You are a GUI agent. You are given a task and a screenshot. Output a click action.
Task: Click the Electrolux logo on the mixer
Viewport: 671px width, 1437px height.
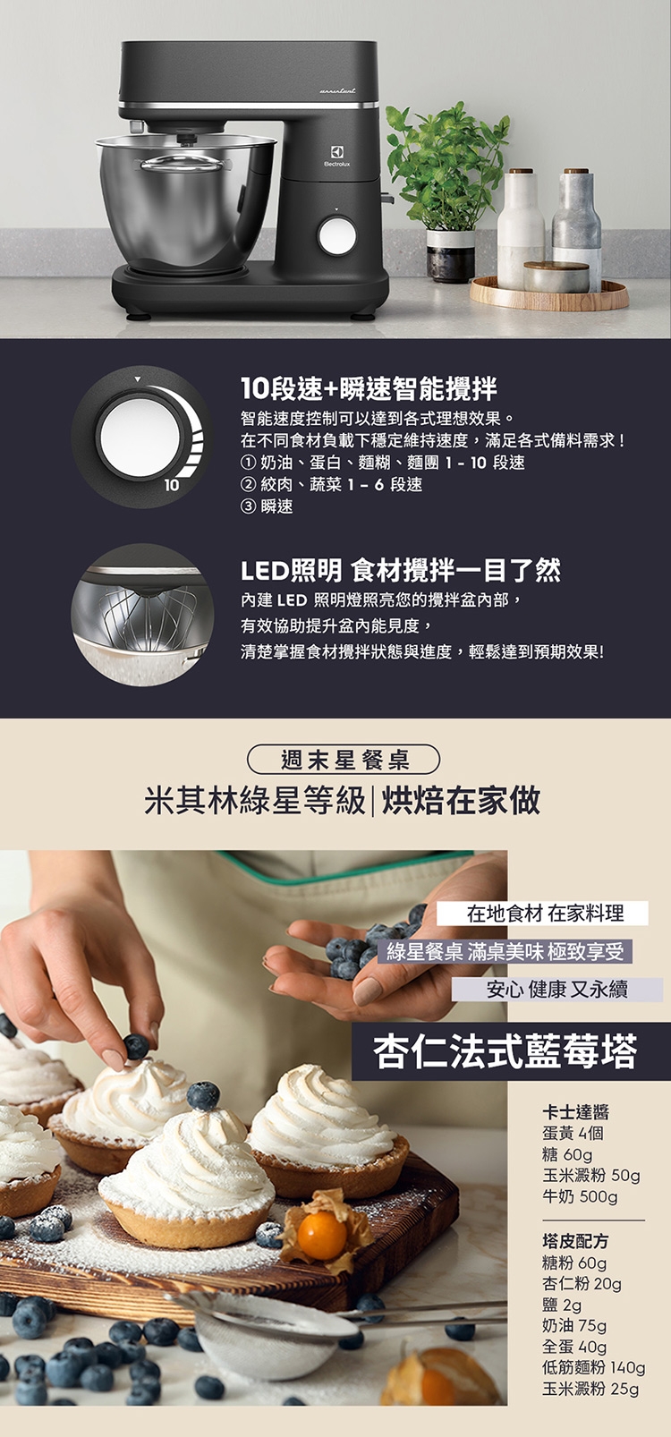[336, 156]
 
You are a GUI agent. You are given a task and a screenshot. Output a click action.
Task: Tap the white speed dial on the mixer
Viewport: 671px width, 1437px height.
[336, 234]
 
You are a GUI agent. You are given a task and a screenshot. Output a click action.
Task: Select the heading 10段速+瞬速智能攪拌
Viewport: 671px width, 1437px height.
[369, 388]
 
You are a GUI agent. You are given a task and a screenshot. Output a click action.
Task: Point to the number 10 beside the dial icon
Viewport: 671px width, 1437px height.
[171, 486]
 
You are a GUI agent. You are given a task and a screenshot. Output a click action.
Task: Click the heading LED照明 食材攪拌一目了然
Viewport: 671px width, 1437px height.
[400, 570]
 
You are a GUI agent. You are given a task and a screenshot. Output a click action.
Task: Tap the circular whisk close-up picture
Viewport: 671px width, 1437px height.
[141, 615]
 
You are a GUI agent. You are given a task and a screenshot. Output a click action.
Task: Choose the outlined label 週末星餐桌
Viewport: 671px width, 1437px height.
[344, 761]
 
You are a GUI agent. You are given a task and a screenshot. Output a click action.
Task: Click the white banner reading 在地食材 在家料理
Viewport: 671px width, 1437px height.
[543, 913]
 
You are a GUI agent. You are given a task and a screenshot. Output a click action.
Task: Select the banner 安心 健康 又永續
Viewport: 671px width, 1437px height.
[556, 990]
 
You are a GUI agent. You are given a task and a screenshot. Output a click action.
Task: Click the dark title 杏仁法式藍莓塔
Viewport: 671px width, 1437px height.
[505, 1050]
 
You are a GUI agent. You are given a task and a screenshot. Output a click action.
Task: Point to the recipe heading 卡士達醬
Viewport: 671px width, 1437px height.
[575, 1111]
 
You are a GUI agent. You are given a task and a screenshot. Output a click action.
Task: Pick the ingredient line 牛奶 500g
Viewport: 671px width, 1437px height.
[580, 1196]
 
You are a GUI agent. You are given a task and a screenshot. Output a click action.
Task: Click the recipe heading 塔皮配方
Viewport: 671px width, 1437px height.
[575, 1241]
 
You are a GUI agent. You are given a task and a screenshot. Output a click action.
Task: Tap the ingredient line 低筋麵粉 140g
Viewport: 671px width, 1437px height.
[594, 1368]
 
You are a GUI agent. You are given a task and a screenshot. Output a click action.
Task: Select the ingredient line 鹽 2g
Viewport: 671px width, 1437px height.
[562, 1305]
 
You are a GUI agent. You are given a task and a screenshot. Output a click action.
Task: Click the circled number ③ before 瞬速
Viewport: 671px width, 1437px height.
[248, 506]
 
